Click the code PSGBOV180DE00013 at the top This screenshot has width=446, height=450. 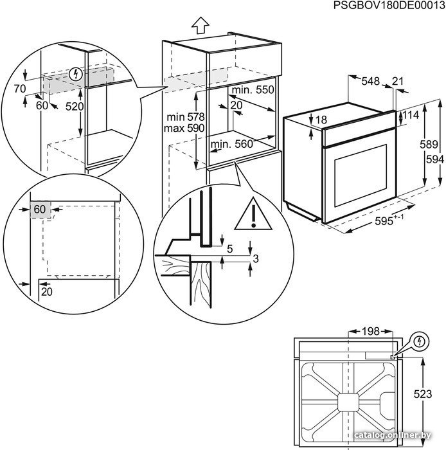[x=389, y=5]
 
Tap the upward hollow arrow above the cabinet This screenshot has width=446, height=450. [x=201, y=26]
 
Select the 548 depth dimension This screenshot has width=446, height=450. [x=371, y=81]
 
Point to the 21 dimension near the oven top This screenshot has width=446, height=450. [x=398, y=81]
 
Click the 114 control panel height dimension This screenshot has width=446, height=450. [x=411, y=115]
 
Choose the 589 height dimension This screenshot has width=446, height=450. [x=429, y=144]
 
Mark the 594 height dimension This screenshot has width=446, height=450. [x=435, y=159]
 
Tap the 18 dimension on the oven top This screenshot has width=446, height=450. [x=321, y=120]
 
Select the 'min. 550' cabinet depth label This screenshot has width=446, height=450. [x=253, y=90]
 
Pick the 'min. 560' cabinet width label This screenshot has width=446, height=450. [x=232, y=144]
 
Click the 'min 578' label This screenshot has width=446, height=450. [x=186, y=117]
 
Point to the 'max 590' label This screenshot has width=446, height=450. [x=184, y=128]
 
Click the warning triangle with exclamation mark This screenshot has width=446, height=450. [x=253, y=214]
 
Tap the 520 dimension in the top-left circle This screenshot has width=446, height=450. [x=75, y=107]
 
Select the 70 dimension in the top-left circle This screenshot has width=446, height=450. [x=20, y=89]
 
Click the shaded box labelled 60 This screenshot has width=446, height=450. [x=40, y=210]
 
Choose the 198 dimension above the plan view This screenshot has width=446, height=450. [x=370, y=332]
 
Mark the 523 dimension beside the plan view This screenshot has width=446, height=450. [x=423, y=394]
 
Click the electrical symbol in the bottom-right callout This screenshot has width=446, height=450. [x=420, y=341]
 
